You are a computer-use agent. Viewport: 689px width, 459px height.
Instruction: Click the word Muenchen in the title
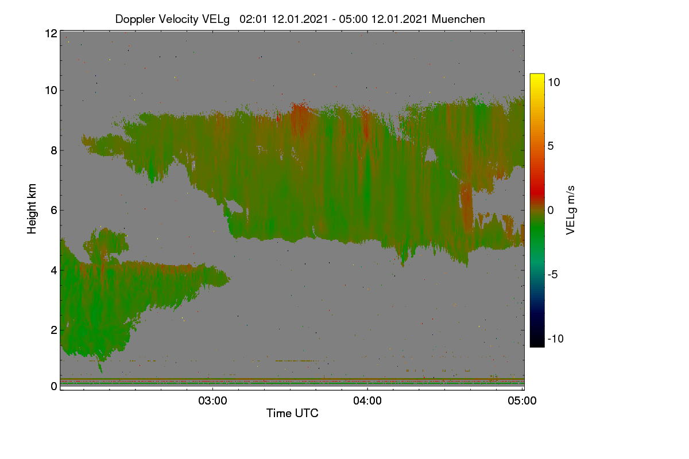[458, 19]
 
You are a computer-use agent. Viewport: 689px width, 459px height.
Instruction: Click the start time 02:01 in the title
[253, 19]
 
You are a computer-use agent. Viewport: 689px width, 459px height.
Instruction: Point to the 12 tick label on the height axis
[51, 33]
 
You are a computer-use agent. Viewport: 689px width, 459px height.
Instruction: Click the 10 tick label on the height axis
[51, 91]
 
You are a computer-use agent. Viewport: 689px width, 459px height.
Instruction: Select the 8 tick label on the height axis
[54, 150]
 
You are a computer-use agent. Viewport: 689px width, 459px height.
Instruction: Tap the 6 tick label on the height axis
[54, 211]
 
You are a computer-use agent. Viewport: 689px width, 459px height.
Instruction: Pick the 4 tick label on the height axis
[54, 271]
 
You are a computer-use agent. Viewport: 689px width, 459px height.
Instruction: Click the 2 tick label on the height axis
[54, 330]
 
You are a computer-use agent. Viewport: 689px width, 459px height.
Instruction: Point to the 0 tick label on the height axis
[54, 386]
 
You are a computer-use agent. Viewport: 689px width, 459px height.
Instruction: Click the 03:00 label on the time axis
[212, 400]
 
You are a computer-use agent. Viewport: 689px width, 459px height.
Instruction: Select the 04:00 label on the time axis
[367, 400]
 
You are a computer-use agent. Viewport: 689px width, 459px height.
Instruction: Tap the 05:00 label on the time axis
[522, 400]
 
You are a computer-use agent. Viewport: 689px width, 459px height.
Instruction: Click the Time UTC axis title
[292, 413]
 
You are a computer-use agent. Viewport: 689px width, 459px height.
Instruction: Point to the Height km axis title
[32, 209]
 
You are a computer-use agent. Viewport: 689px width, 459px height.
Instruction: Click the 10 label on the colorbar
[553, 83]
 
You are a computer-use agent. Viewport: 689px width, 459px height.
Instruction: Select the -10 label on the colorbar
[556, 339]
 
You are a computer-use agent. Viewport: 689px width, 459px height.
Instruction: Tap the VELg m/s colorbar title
[571, 211]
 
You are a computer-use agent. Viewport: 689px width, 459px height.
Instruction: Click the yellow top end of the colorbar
[537, 75]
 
